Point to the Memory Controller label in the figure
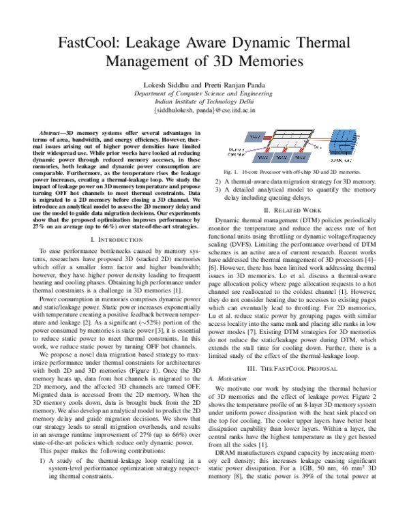tap(237, 150)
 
